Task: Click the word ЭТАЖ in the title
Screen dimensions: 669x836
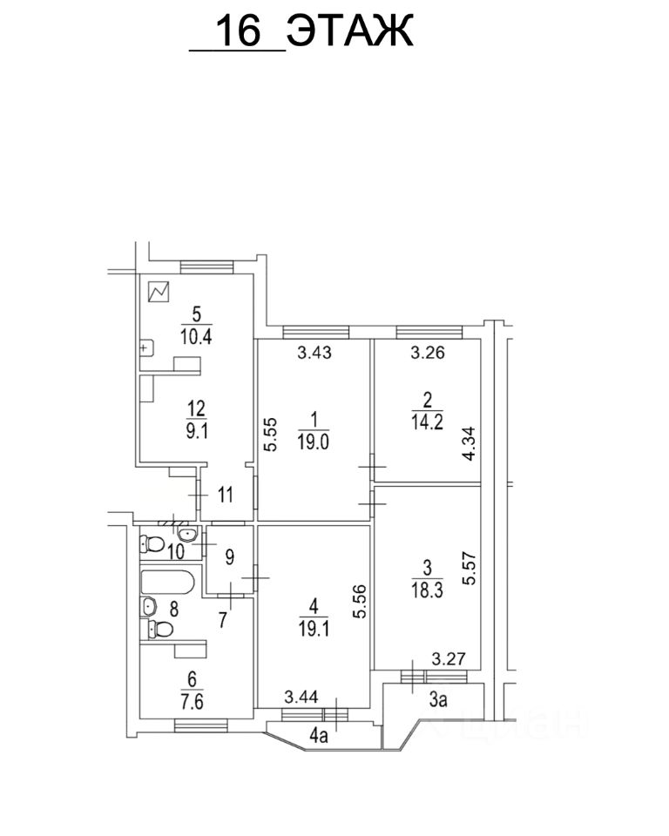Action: coord(350,32)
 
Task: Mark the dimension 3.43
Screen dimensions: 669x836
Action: coord(314,353)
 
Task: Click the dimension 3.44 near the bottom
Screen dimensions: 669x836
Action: coord(301,696)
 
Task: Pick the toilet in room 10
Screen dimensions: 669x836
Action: coord(154,544)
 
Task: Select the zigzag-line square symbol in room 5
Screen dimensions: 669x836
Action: coord(159,293)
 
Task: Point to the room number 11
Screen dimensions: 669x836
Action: coord(226,496)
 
